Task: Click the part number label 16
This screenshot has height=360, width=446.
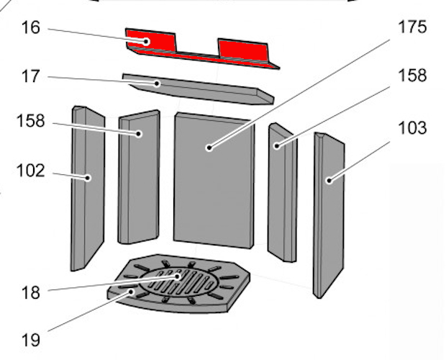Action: click(x=31, y=28)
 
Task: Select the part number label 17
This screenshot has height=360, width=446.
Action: click(x=30, y=76)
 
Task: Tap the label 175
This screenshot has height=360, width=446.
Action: click(x=412, y=27)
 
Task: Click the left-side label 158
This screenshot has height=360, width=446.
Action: click(x=31, y=121)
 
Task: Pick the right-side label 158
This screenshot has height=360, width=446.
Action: click(x=412, y=76)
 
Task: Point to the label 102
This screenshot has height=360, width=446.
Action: click(x=31, y=171)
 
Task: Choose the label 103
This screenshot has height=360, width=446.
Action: click(x=412, y=127)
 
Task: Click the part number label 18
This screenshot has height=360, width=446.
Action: click(x=30, y=292)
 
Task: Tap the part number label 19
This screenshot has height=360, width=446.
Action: click(x=30, y=340)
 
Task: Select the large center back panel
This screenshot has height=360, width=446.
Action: click(x=214, y=180)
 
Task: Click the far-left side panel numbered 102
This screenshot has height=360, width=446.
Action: click(x=88, y=189)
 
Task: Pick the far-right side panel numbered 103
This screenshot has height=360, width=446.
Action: click(x=329, y=215)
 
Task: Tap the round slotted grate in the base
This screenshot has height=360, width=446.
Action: click(x=179, y=282)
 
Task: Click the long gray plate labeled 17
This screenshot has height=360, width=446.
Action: click(x=199, y=89)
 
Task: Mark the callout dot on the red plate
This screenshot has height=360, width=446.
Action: click(x=146, y=42)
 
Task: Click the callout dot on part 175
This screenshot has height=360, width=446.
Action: click(x=209, y=148)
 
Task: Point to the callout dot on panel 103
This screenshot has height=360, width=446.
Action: click(x=329, y=181)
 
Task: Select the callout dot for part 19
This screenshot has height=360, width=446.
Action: click(x=131, y=292)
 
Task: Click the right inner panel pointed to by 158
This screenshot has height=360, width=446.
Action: click(x=282, y=192)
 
